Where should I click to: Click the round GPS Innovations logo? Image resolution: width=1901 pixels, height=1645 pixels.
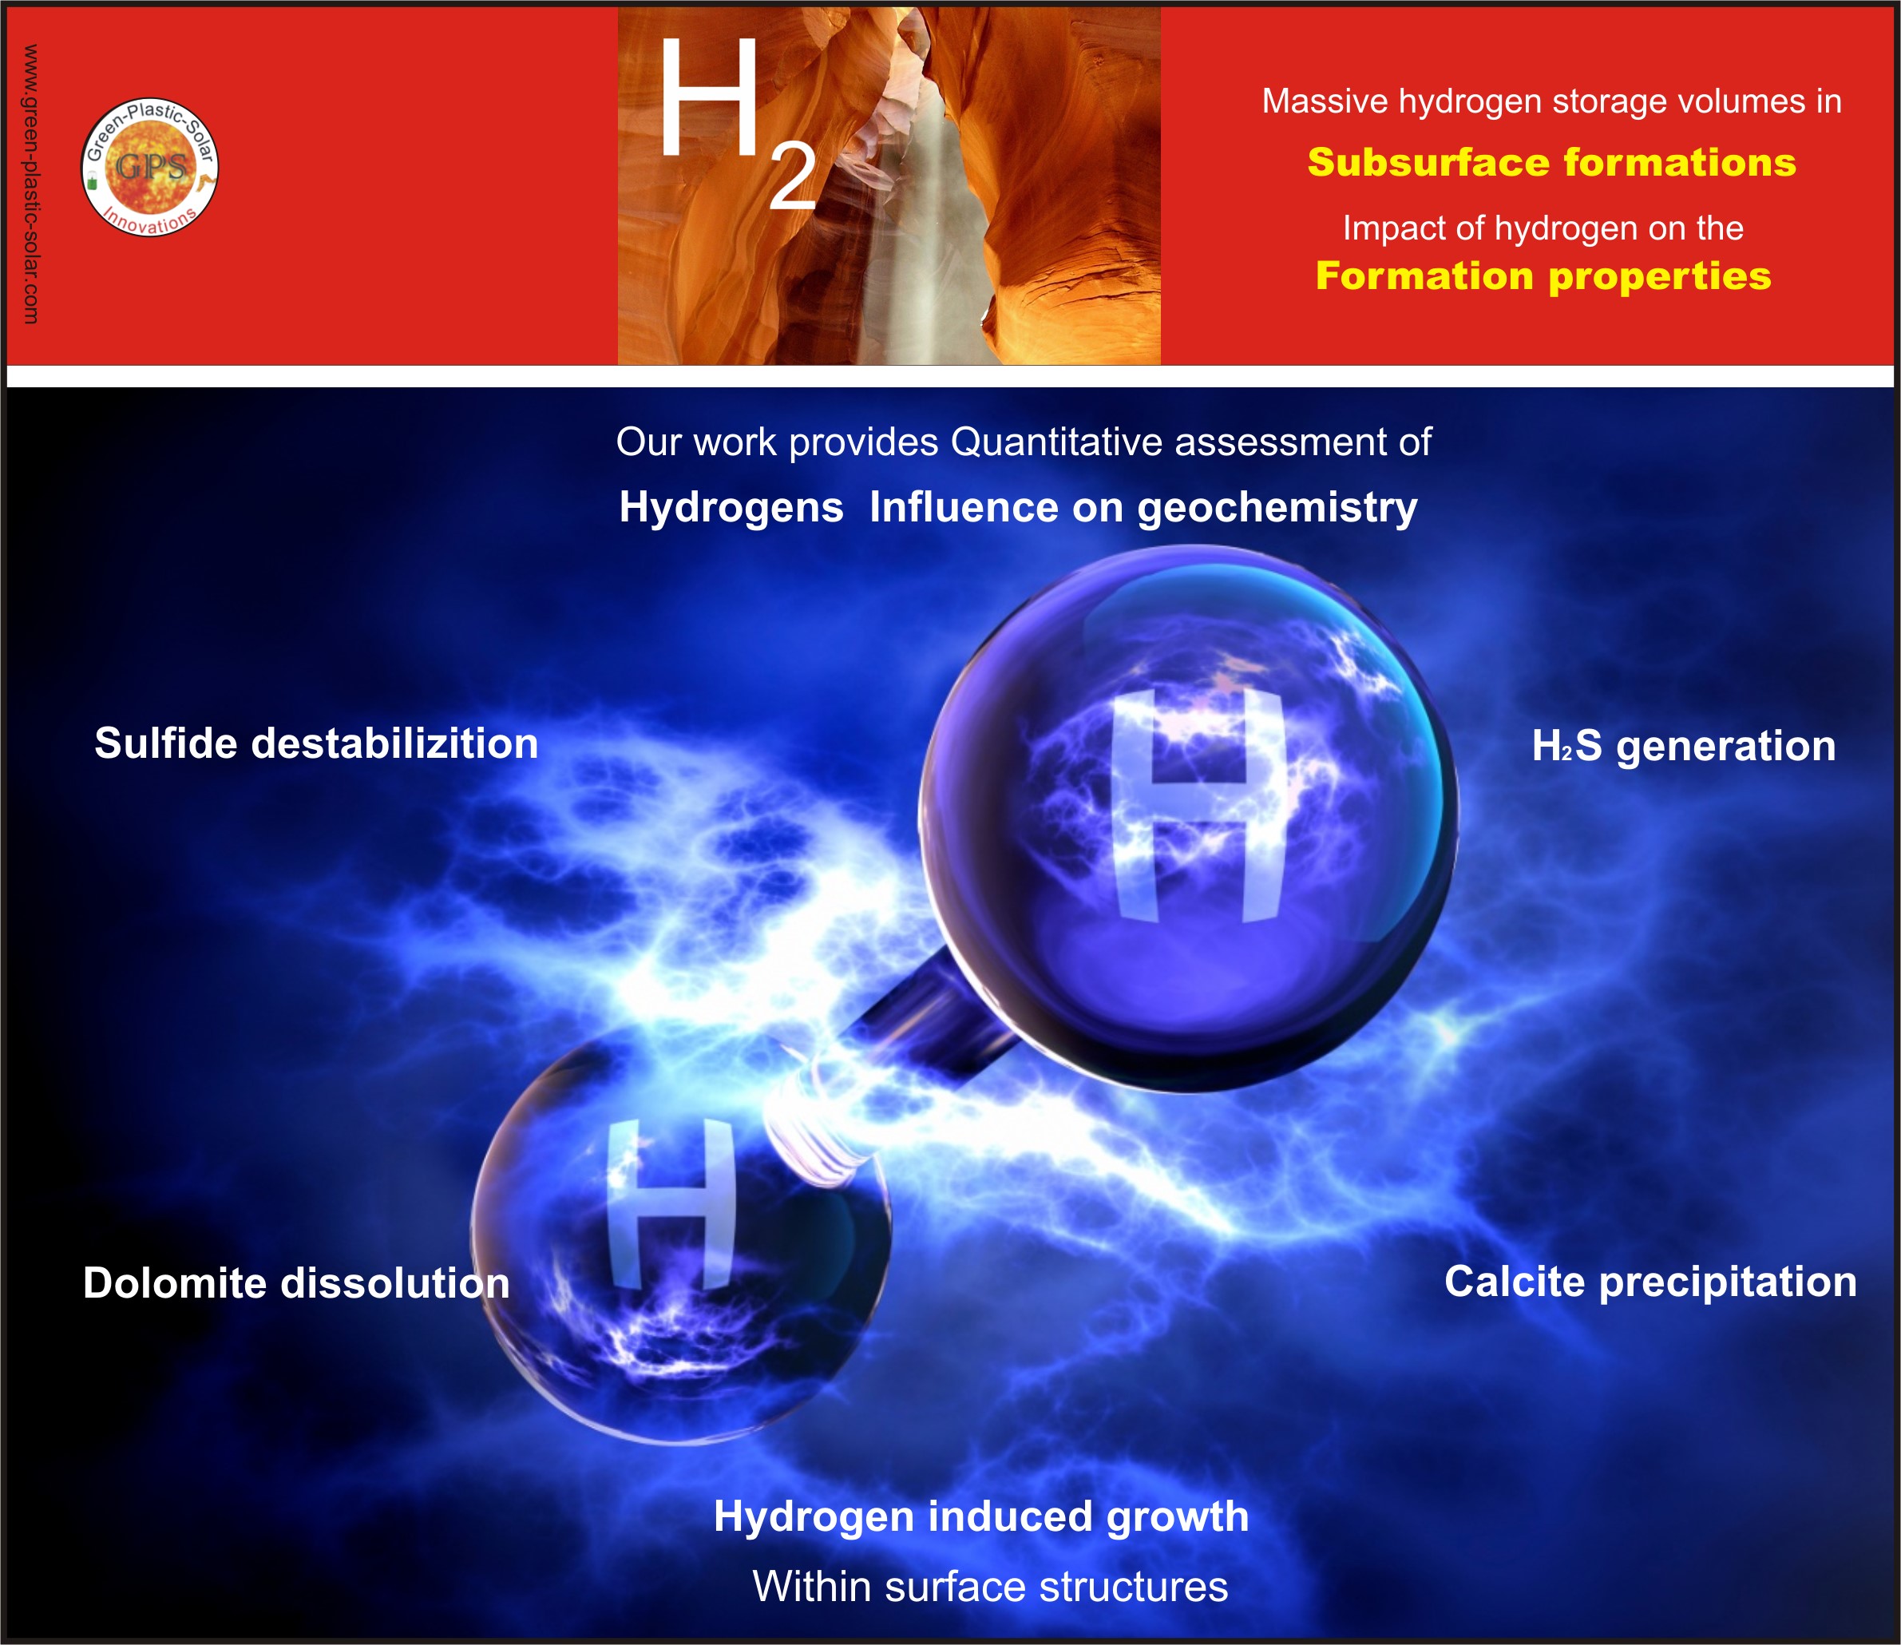[x=149, y=166]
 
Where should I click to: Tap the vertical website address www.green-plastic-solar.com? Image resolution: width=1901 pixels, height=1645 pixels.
[x=30, y=184]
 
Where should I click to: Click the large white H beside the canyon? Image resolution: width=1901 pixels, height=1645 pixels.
[x=707, y=97]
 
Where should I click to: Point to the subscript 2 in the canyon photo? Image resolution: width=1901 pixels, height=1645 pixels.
[x=792, y=177]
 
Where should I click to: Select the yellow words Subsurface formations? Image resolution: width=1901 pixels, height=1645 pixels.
[x=1551, y=162]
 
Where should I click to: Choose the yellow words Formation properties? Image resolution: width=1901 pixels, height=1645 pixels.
[x=1543, y=276]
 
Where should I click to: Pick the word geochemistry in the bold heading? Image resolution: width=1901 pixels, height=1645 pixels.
[x=1277, y=509]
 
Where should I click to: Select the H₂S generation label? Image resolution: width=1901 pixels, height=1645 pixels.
[x=1684, y=745]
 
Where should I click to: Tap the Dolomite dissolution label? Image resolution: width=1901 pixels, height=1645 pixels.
[x=295, y=1282]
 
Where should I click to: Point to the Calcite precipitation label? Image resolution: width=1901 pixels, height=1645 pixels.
[x=1650, y=1282]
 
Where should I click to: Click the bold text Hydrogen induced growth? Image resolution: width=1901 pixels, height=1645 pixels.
[x=981, y=1516]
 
